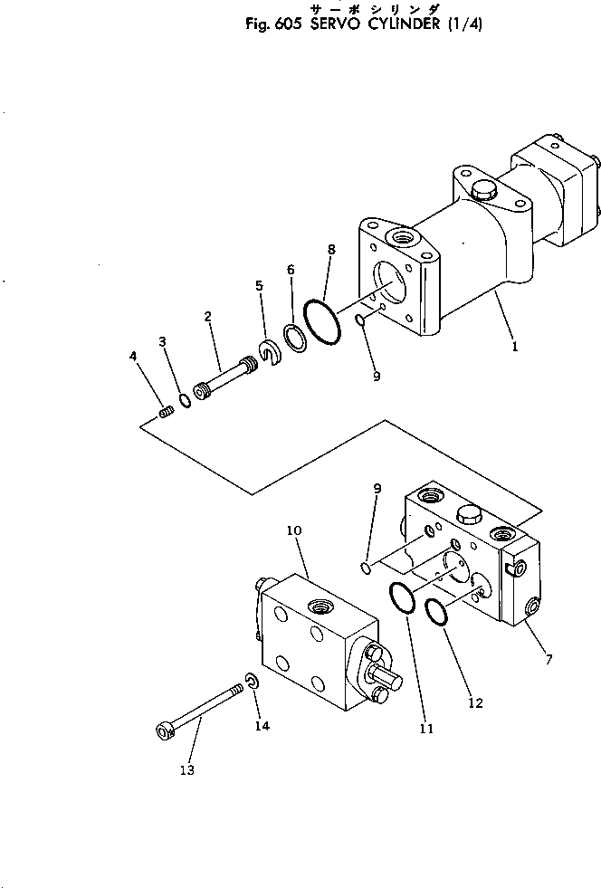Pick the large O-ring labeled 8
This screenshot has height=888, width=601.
321,321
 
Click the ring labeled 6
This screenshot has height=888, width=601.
294,338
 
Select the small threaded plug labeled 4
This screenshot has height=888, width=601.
166,413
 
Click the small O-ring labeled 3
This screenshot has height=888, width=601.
185,400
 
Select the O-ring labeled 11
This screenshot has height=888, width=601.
403,598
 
